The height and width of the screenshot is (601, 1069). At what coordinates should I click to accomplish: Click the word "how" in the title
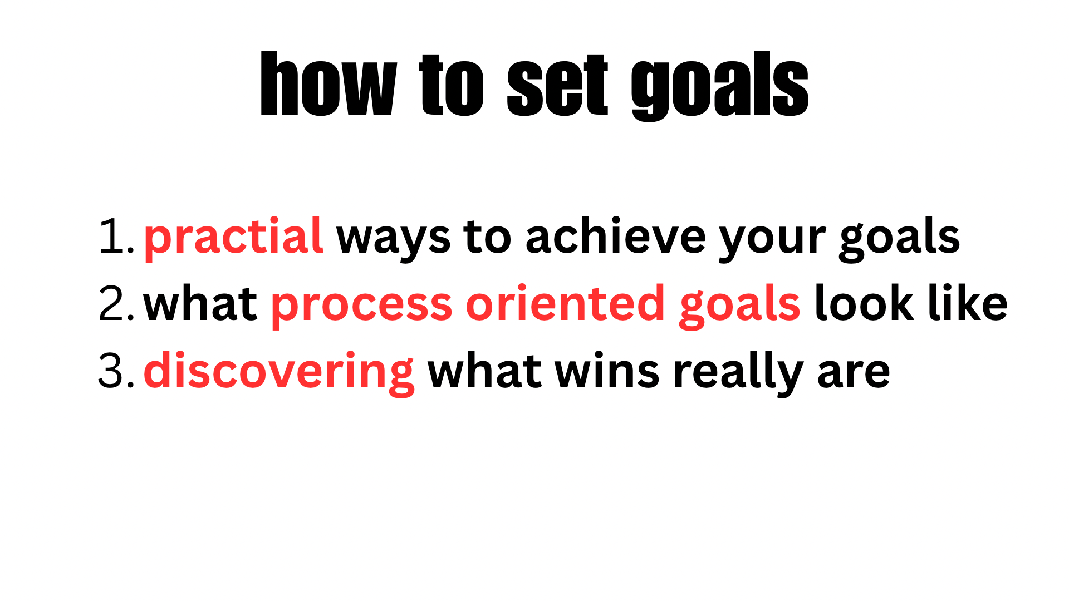click(x=329, y=83)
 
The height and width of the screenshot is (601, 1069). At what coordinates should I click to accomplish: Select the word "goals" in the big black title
click(x=720, y=86)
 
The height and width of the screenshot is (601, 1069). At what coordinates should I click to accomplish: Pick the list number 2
click(x=116, y=304)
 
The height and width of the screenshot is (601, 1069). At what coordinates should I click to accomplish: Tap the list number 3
click(x=116, y=371)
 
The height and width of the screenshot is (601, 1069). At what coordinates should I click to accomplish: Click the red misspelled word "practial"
click(x=233, y=238)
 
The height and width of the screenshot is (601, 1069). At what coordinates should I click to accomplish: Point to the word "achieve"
click(x=615, y=236)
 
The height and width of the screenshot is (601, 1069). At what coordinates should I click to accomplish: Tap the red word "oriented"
click(x=565, y=303)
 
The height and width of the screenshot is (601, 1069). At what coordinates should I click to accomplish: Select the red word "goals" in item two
click(x=739, y=306)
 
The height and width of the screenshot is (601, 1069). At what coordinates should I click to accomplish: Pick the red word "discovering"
click(x=278, y=373)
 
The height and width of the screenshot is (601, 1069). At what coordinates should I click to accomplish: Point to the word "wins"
click(x=607, y=371)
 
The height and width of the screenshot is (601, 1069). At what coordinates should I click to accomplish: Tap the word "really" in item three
click(x=738, y=373)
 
